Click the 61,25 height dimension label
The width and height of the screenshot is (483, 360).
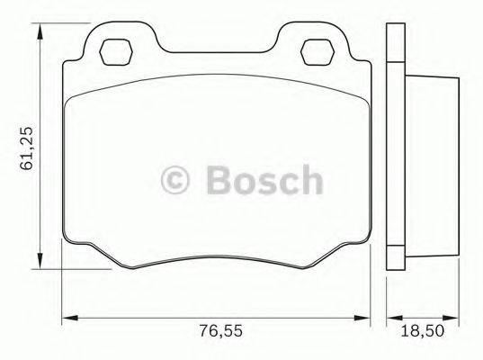click(x=27, y=148)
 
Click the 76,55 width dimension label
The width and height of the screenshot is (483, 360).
click(x=220, y=332)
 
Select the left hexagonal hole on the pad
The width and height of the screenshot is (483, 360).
click(x=115, y=51)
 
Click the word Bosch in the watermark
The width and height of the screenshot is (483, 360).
click(x=263, y=179)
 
